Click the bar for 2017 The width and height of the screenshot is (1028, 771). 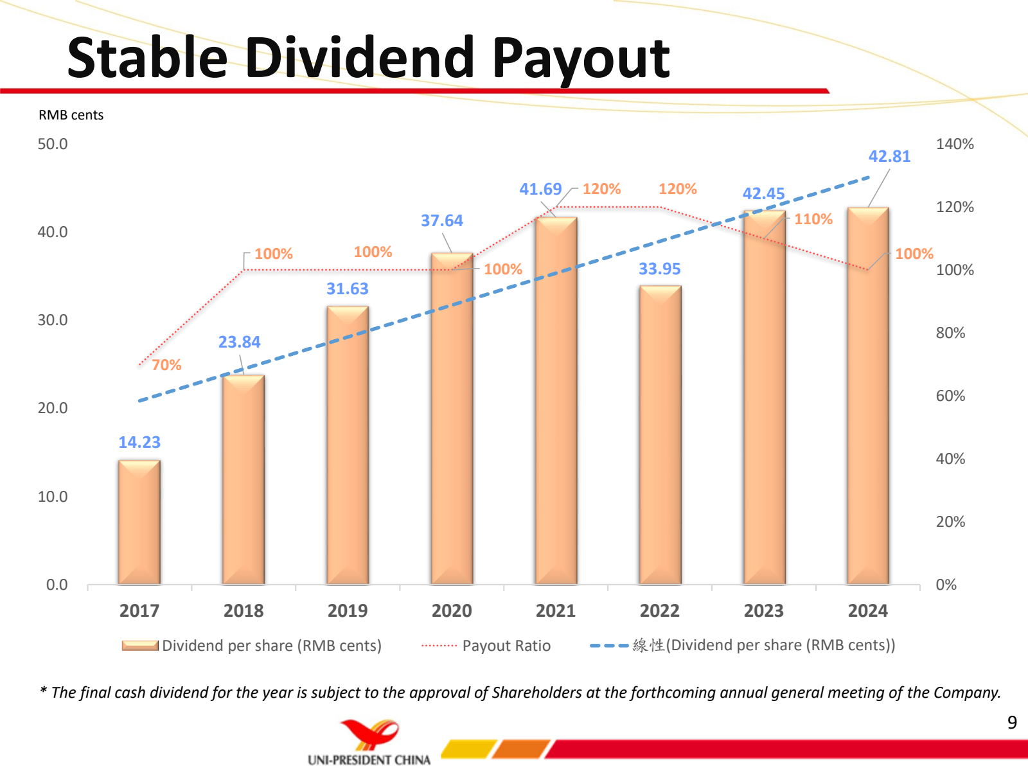click(x=139, y=522)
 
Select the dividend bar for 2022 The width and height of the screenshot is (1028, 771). click(x=660, y=435)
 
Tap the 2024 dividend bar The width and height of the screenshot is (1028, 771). click(x=868, y=395)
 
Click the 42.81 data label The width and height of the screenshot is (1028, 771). click(x=889, y=157)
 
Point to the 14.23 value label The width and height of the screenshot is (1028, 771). click(x=139, y=443)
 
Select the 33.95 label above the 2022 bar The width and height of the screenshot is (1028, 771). click(x=659, y=269)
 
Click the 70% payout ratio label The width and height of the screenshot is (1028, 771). click(x=166, y=366)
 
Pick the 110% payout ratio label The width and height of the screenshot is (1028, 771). click(x=813, y=220)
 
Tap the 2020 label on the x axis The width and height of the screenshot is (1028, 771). click(x=452, y=611)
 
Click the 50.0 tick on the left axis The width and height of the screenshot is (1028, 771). click(x=53, y=144)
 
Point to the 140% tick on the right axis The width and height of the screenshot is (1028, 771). click(x=954, y=144)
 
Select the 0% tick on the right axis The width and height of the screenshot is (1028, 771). click(x=946, y=585)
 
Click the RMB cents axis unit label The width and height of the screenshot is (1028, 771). click(x=71, y=115)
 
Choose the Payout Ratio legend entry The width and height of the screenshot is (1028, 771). click(x=506, y=646)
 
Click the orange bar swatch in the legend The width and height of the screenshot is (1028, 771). click(x=140, y=646)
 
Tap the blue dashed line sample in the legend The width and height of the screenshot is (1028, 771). click(x=608, y=646)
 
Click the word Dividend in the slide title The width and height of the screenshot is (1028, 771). click(x=360, y=58)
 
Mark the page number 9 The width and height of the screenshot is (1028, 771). click(x=1012, y=723)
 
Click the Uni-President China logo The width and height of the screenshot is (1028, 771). click(x=369, y=743)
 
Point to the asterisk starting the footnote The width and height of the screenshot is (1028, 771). click(x=43, y=691)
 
